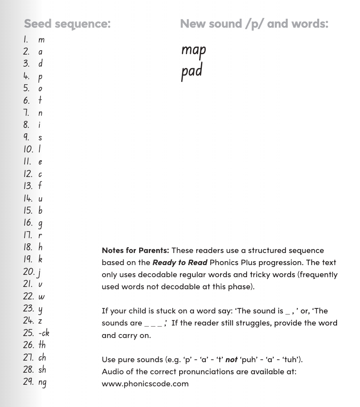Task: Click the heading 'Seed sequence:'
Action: [67, 23]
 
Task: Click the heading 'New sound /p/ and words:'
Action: [254, 23]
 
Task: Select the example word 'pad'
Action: [192, 71]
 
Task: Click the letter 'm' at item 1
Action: [41, 40]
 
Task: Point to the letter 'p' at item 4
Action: [41, 77]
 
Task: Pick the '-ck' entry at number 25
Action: [44, 333]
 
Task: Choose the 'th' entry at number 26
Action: [42, 345]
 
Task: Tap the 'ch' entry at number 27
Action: [42, 357]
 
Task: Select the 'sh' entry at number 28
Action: [42, 369]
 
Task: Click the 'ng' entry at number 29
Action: [42, 382]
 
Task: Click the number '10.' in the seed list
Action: [28, 149]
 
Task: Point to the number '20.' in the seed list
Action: [29, 272]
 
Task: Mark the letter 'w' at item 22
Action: [41, 297]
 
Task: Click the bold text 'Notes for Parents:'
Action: [135, 250]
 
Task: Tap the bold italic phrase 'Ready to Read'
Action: [180, 262]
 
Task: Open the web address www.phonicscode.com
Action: [145, 383]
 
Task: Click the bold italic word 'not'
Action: [231, 359]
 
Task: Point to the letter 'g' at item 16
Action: [41, 223]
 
